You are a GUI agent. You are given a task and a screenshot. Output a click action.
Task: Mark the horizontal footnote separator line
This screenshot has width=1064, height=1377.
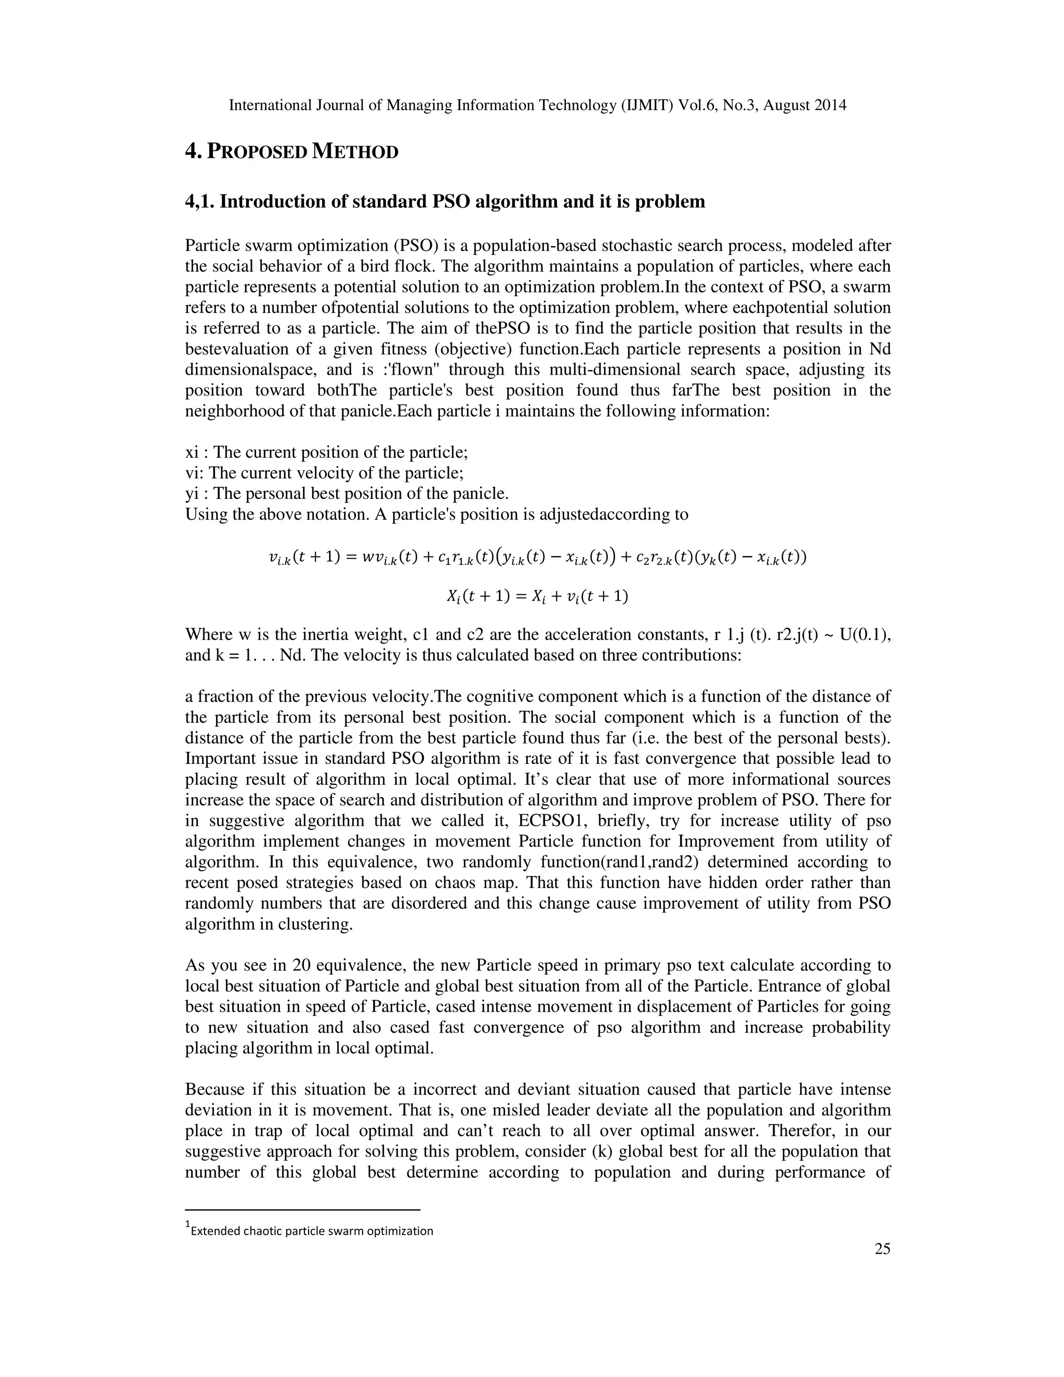(302, 1210)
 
